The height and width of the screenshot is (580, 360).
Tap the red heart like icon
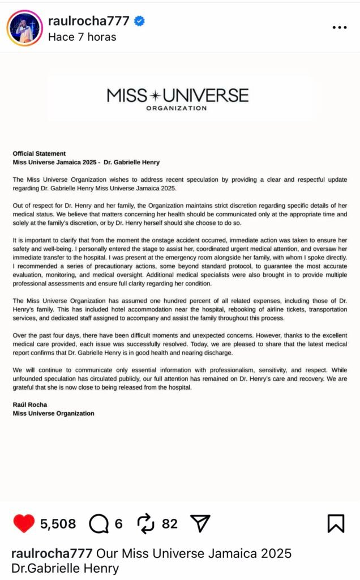(x=23, y=524)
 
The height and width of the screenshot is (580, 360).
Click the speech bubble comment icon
(x=99, y=524)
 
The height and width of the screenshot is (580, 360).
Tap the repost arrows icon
(x=146, y=524)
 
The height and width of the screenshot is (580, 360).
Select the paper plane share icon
(x=200, y=524)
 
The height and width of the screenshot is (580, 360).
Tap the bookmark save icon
(x=336, y=524)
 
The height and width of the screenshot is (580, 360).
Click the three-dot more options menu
(x=340, y=27)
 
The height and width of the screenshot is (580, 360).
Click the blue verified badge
(x=139, y=22)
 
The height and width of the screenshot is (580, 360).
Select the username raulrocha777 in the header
(x=89, y=22)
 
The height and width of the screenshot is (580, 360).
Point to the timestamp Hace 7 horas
(x=82, y=37)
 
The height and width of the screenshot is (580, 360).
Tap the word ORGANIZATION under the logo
(x=177, y=108)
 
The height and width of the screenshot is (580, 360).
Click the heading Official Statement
(x=39, y=153)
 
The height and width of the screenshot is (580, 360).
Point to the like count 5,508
(x=58, y=524)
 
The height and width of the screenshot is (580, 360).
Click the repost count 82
(x=170, y=524)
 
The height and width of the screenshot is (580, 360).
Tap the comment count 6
(x=118, y=524)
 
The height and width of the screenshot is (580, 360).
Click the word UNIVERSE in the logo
(x=208, y=95)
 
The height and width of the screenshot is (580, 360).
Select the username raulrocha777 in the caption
(x=53, y=553)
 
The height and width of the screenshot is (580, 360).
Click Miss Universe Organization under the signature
(x=53, y=413)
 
